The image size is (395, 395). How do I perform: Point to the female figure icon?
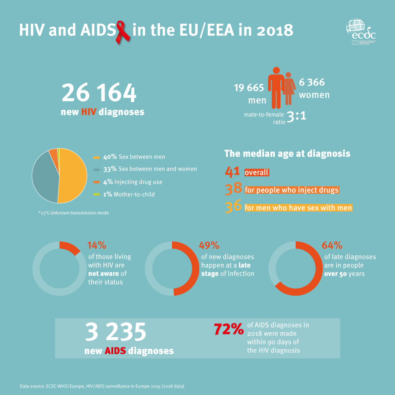pyautogui.click(x=288, y=88)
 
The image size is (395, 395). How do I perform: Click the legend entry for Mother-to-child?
pyautogui.click(x=124, y=194)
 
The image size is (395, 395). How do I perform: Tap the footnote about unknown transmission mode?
pyautogui.click(x=73, y=213)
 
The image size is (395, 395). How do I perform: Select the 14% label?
pyautogui.click(x=97, y=245)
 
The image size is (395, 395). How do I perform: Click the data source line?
pyautogui.click(x=102, y=386)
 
